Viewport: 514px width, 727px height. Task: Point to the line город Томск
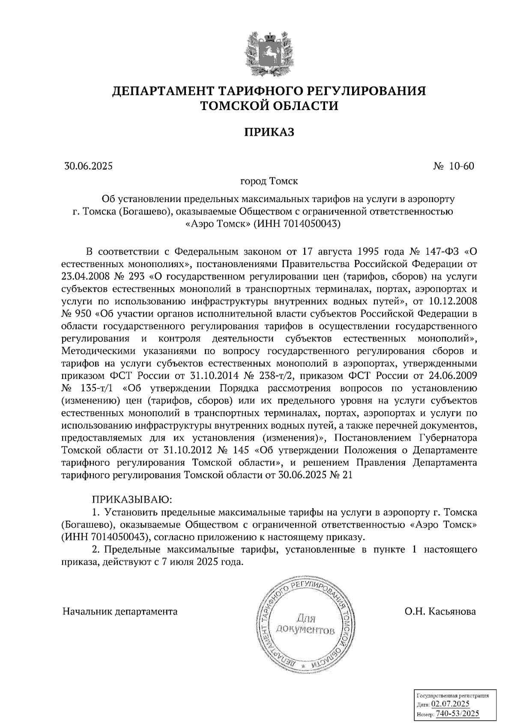tap(269, 181)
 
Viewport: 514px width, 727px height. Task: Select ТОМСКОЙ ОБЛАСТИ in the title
tap(269, 106)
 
